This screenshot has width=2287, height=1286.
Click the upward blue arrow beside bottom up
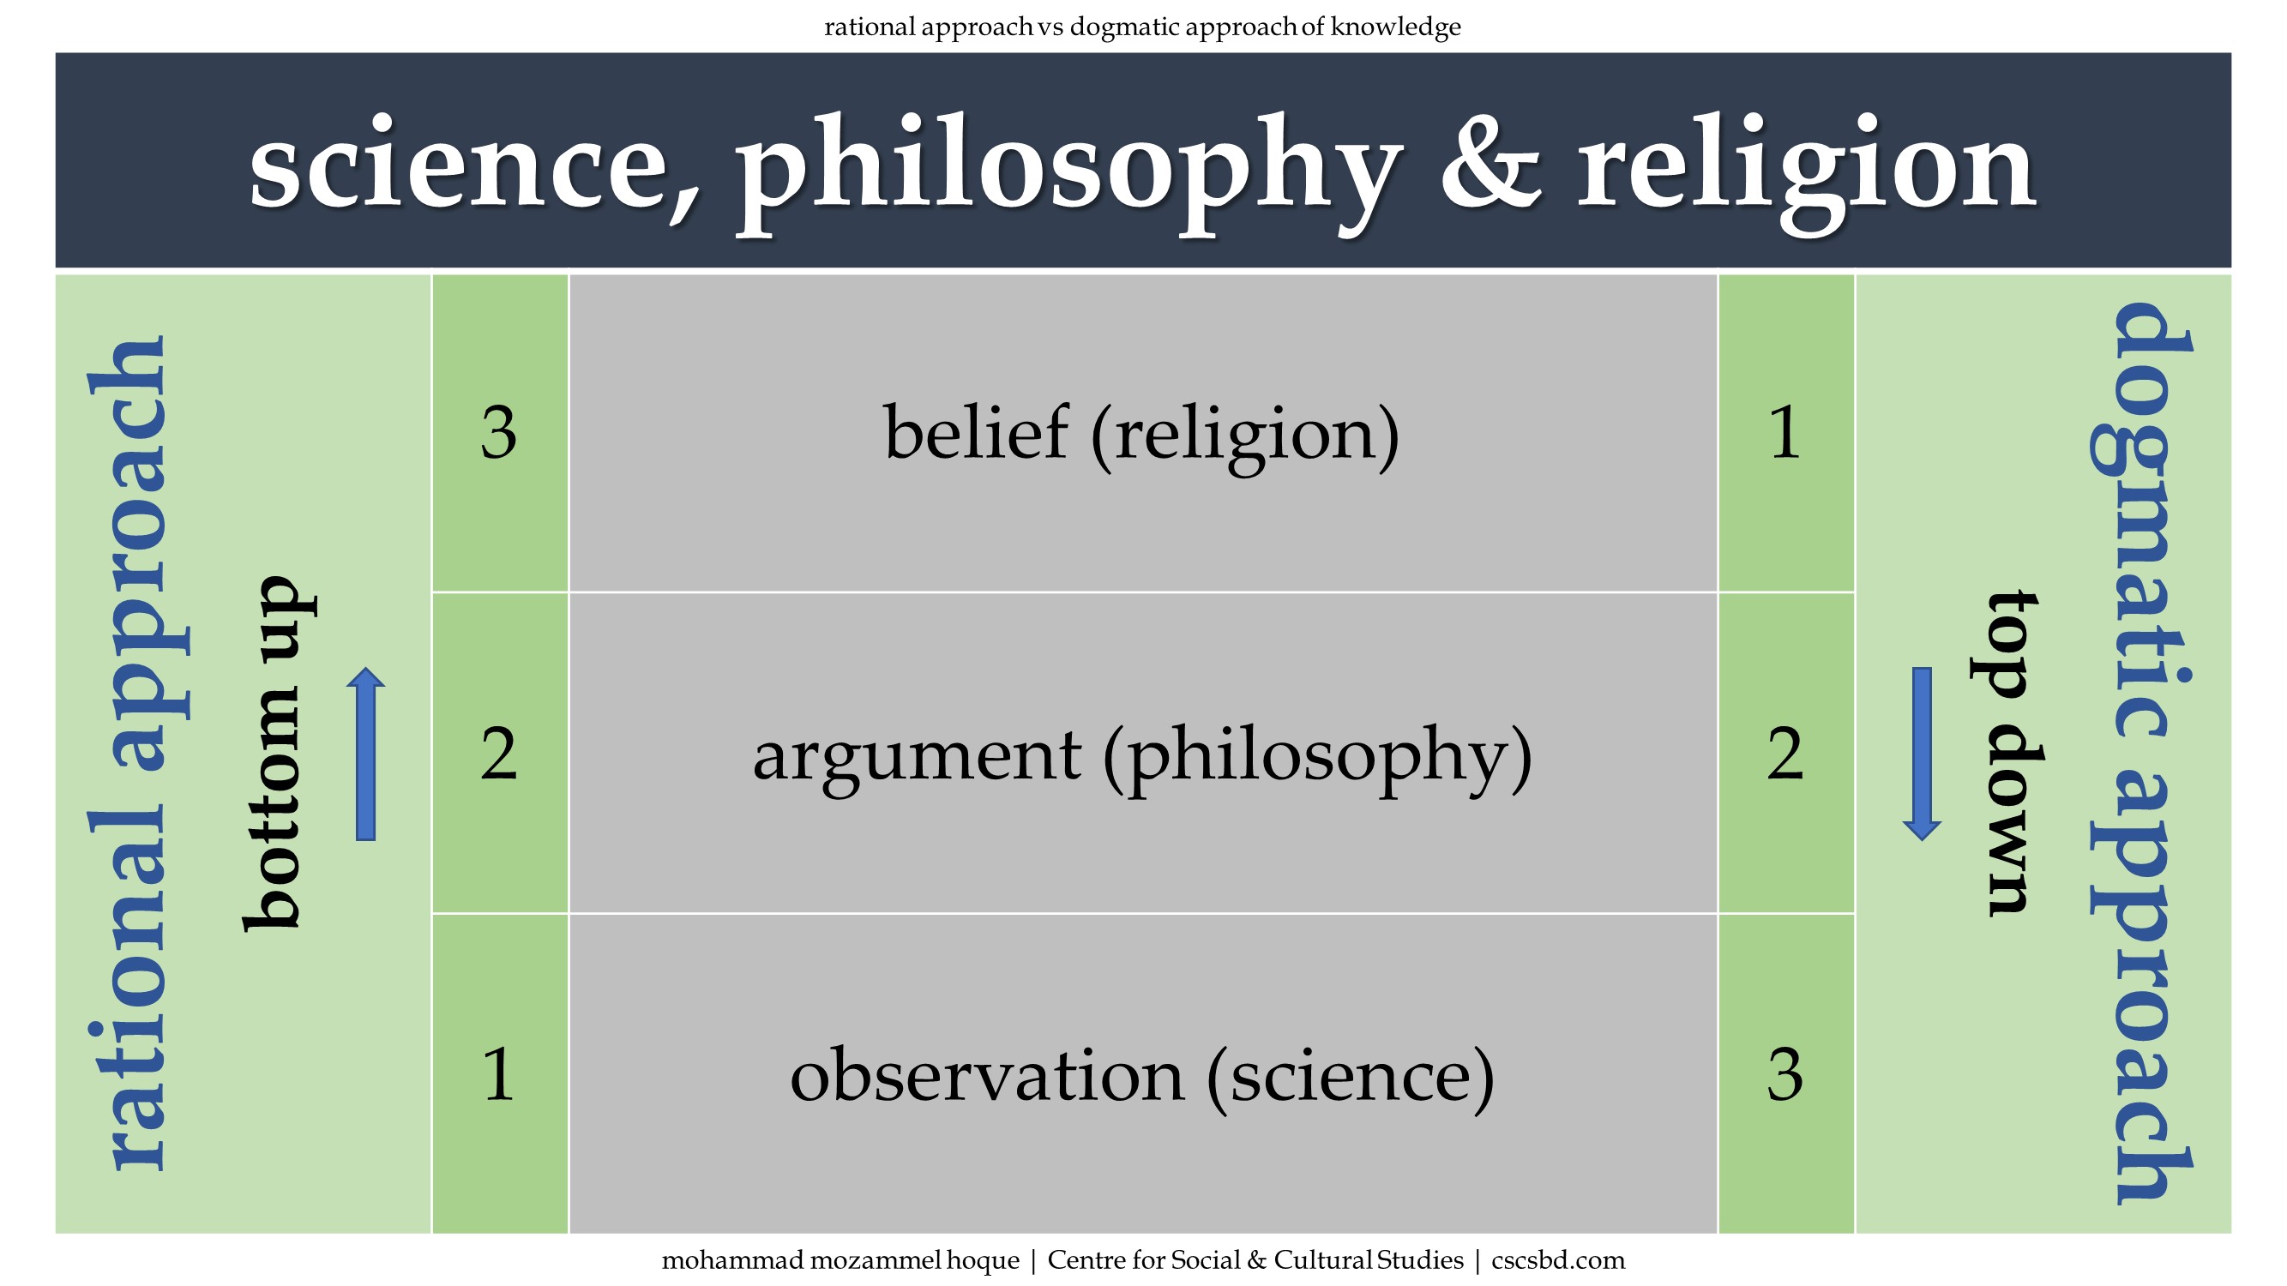pyautogui.click(x=366, y=754)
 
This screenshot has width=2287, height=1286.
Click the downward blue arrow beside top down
pyautogui.click(x=1922, y=754)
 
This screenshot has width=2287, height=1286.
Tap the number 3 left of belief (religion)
pyautogui.click(x=498, y=433)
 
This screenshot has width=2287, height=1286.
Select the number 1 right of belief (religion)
pyautogui.click(x=1785, y=433)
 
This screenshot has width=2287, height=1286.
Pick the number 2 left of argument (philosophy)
pyautogui.click(x=498, y=754)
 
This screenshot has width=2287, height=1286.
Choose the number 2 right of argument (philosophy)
pyautogui.click(x=1785, y=754)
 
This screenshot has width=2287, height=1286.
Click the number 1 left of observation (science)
pyautogui.click(x=498, y=1074)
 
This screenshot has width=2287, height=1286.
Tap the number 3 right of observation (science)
pyautogui.click(x=1785, y=1075)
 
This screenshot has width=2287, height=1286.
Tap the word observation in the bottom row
pyautogui.click(x=987, y=1075)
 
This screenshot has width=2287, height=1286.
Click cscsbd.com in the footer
pyautogui.click(x=1558, y=1260)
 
